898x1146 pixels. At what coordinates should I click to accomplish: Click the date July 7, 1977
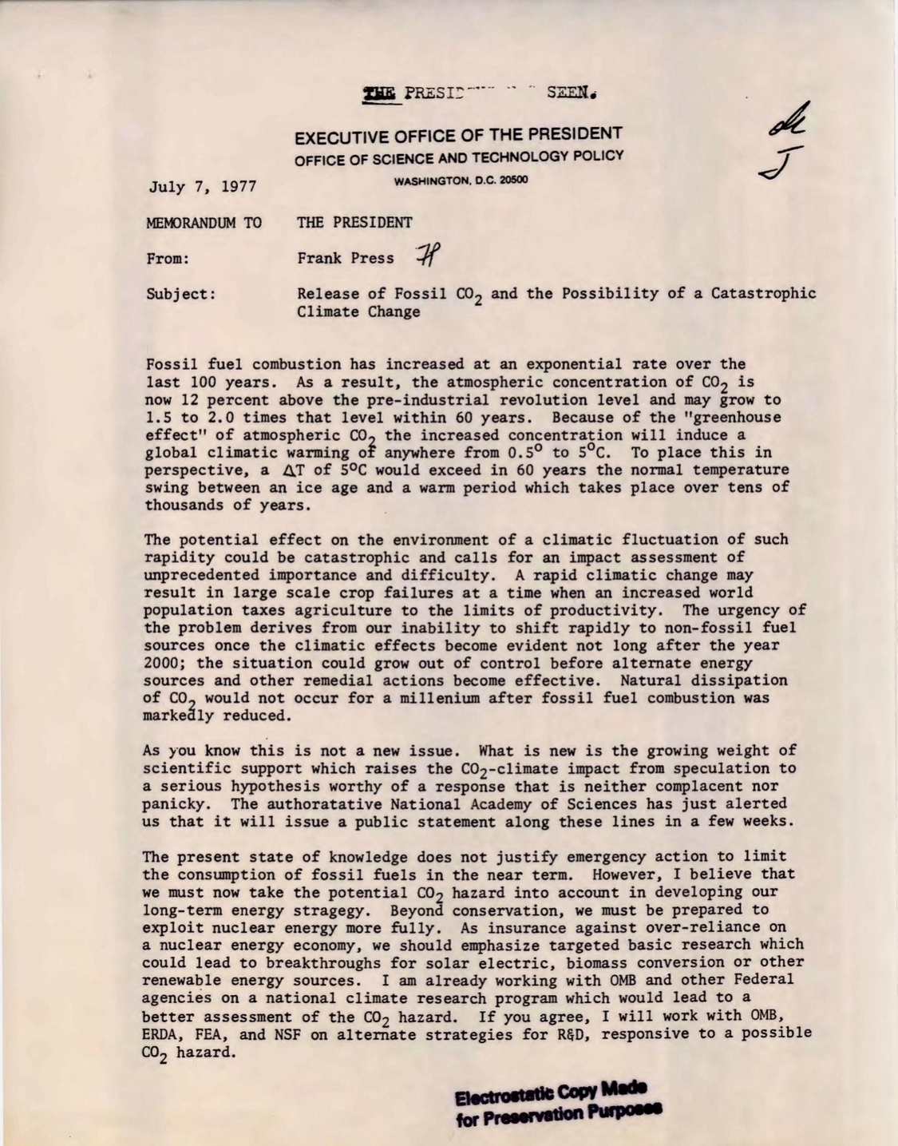(x=202, y=188)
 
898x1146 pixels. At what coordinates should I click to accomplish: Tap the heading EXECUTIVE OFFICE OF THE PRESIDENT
(x=458, y=135)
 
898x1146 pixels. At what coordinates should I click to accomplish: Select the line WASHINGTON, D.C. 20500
(x=461, y=180)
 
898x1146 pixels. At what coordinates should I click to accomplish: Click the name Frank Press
(x=346, y=258)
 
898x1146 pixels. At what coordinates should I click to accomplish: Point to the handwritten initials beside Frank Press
(x=427, y=255)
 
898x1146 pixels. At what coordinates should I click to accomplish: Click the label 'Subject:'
(x=181, y=294)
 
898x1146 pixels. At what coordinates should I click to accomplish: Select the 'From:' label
(x=167, y=259)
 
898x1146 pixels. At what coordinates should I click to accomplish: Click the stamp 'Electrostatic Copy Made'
(x=551, y=1092)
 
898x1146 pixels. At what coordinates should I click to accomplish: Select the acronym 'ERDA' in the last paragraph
(x=164, y=1035)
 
